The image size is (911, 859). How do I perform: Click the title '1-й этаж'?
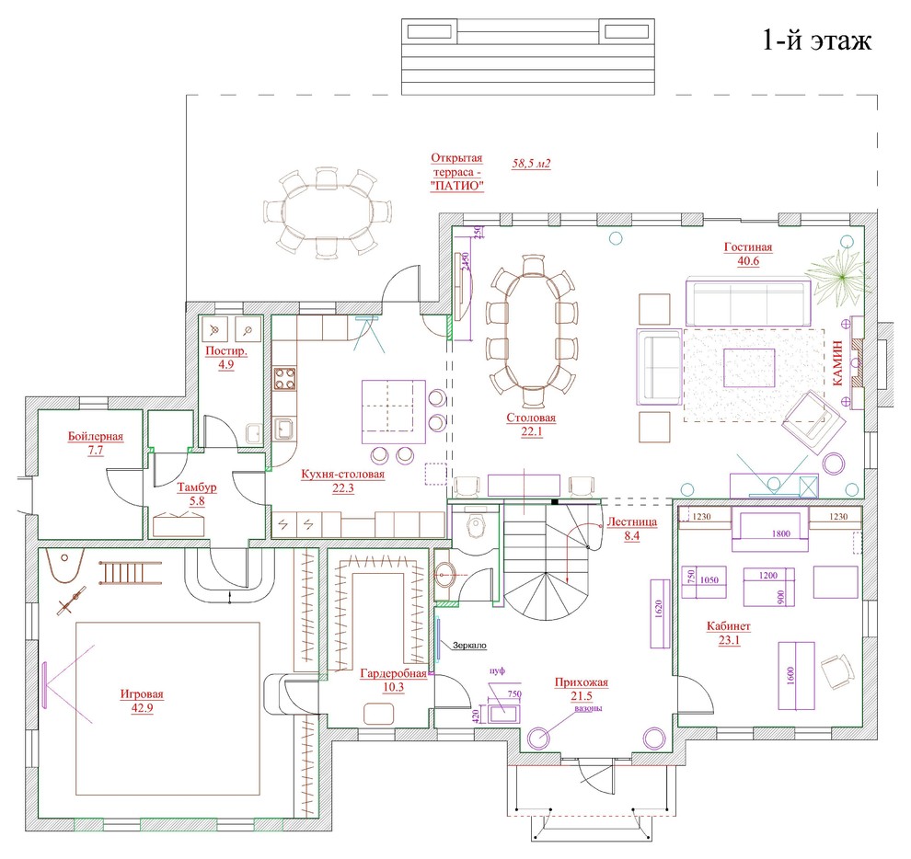click(816, 41)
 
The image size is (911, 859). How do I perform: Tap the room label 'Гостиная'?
click(748, 246)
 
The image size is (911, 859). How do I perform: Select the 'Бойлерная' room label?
click(96, 436)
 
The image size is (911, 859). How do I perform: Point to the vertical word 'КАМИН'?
click(837, 363)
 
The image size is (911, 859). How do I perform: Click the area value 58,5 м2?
click(531, 164)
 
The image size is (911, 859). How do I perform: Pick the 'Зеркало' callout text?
click(469, 646)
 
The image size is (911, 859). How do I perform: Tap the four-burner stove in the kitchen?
click(284, 379)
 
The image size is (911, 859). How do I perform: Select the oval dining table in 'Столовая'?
click(532, 331)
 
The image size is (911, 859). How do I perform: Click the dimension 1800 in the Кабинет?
click(781, 533)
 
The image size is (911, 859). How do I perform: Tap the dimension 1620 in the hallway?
click(658, 608)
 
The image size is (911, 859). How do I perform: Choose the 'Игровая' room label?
click(142, 693)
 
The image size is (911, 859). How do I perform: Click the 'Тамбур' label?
click(197, 487)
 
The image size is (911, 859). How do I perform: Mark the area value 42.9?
click(142, 707)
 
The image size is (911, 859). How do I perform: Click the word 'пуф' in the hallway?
click(497, 670)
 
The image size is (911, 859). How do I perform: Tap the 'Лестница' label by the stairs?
click(631, 521)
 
